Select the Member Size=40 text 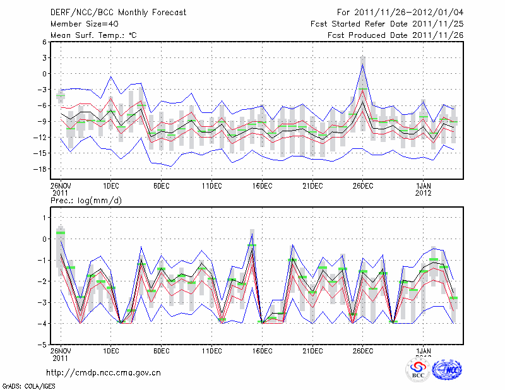coord(80,23)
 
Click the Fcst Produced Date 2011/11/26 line coord(396,35)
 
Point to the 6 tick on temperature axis coord(44,42)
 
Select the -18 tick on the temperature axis coord(40,169)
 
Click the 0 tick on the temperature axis coord(44,74)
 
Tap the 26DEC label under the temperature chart coord(362,186)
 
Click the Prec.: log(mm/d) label coord(86,200)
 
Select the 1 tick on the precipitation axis coord(44,218)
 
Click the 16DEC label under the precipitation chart coord(262,351)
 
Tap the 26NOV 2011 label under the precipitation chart coord(61,354)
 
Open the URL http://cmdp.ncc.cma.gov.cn coord(104,372)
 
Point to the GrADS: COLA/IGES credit coord(28,384)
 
